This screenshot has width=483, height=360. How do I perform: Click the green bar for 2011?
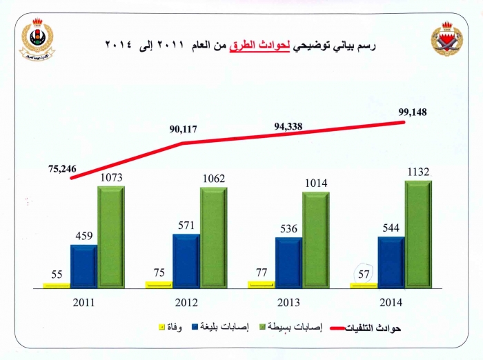(110, 236)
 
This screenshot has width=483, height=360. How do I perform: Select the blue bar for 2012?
(186, 260)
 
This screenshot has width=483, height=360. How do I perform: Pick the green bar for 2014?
(417, 233)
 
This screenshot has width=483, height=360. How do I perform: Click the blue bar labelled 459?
(84, 266)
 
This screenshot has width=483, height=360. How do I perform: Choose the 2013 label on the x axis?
(289, 302)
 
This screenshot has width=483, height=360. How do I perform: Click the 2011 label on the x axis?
(83, 302)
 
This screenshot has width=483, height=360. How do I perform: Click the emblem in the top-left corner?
(37, 39)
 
